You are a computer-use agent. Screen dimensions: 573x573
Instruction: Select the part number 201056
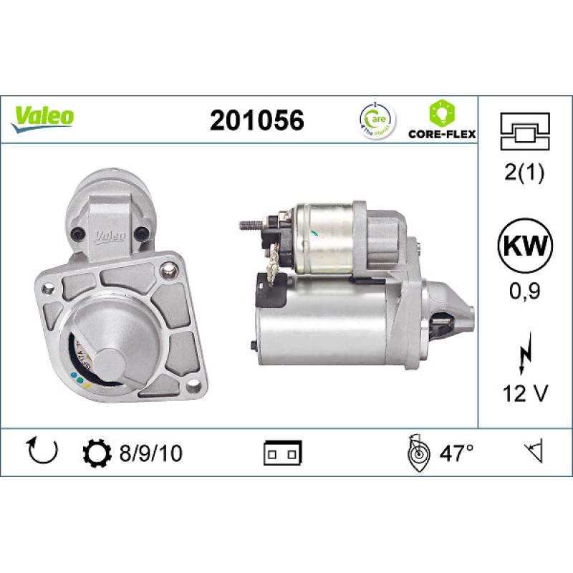pos(256,120)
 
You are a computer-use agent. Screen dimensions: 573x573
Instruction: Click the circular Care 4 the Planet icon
pos(375,120)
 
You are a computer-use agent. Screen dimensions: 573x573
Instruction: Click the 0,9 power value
pos(525,292)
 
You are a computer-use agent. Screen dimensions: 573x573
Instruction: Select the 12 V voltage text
pos(525,393)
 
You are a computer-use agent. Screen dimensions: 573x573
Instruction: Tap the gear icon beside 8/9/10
pos(97,453)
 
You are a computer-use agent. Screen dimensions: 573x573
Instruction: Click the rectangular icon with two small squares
pos(283,453)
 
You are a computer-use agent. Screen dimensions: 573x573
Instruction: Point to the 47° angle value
pos(456,453)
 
